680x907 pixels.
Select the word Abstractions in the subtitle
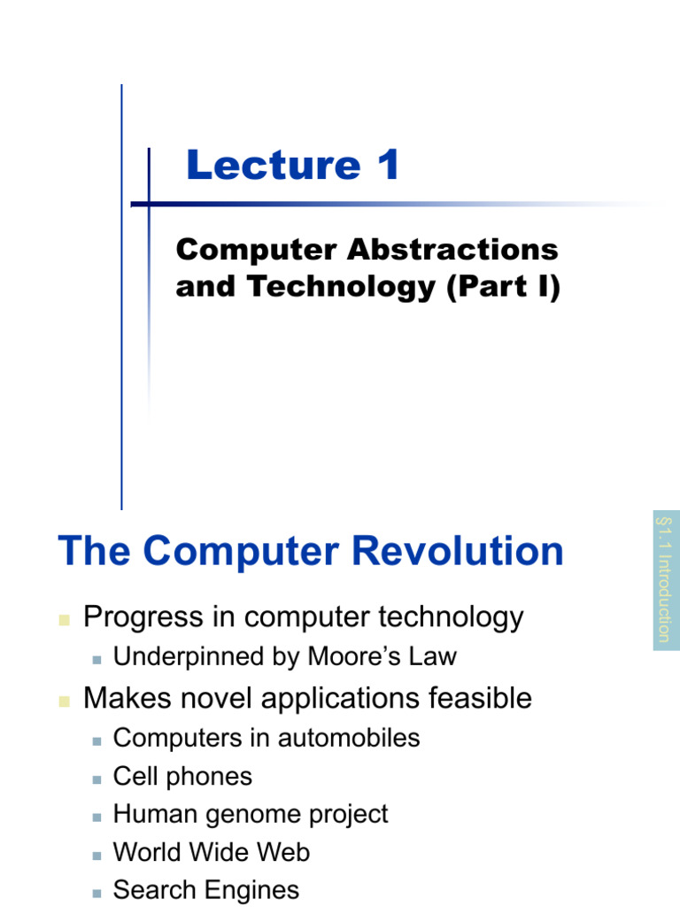[452, 250]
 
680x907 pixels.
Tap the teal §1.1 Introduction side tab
[666, 579]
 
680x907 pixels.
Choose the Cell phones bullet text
[182, 777]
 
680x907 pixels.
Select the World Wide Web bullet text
[212, 852]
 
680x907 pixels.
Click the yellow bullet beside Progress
[64, 620]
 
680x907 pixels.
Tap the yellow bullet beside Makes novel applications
[64, 701]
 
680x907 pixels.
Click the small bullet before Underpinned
[97, 659]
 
